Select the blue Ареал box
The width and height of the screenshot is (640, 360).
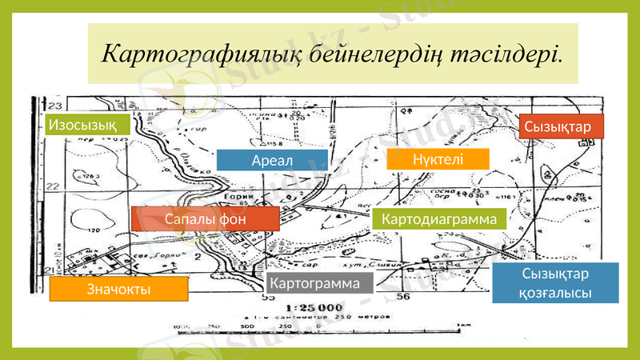[x=272, y=161]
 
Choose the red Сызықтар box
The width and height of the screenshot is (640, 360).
[x=558, y=128]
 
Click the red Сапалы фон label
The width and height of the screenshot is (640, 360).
[x=205, y=218]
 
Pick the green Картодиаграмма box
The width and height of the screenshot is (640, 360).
[x=440, y=218]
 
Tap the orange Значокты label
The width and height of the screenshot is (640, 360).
[x=118, y=289]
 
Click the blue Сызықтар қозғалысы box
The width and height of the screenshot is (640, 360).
[x=556, y=283]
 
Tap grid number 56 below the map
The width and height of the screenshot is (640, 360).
[x=402, y=298]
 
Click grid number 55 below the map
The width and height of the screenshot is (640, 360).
[x=267, y=298]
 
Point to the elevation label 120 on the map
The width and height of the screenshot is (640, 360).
[x=94, y=230]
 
